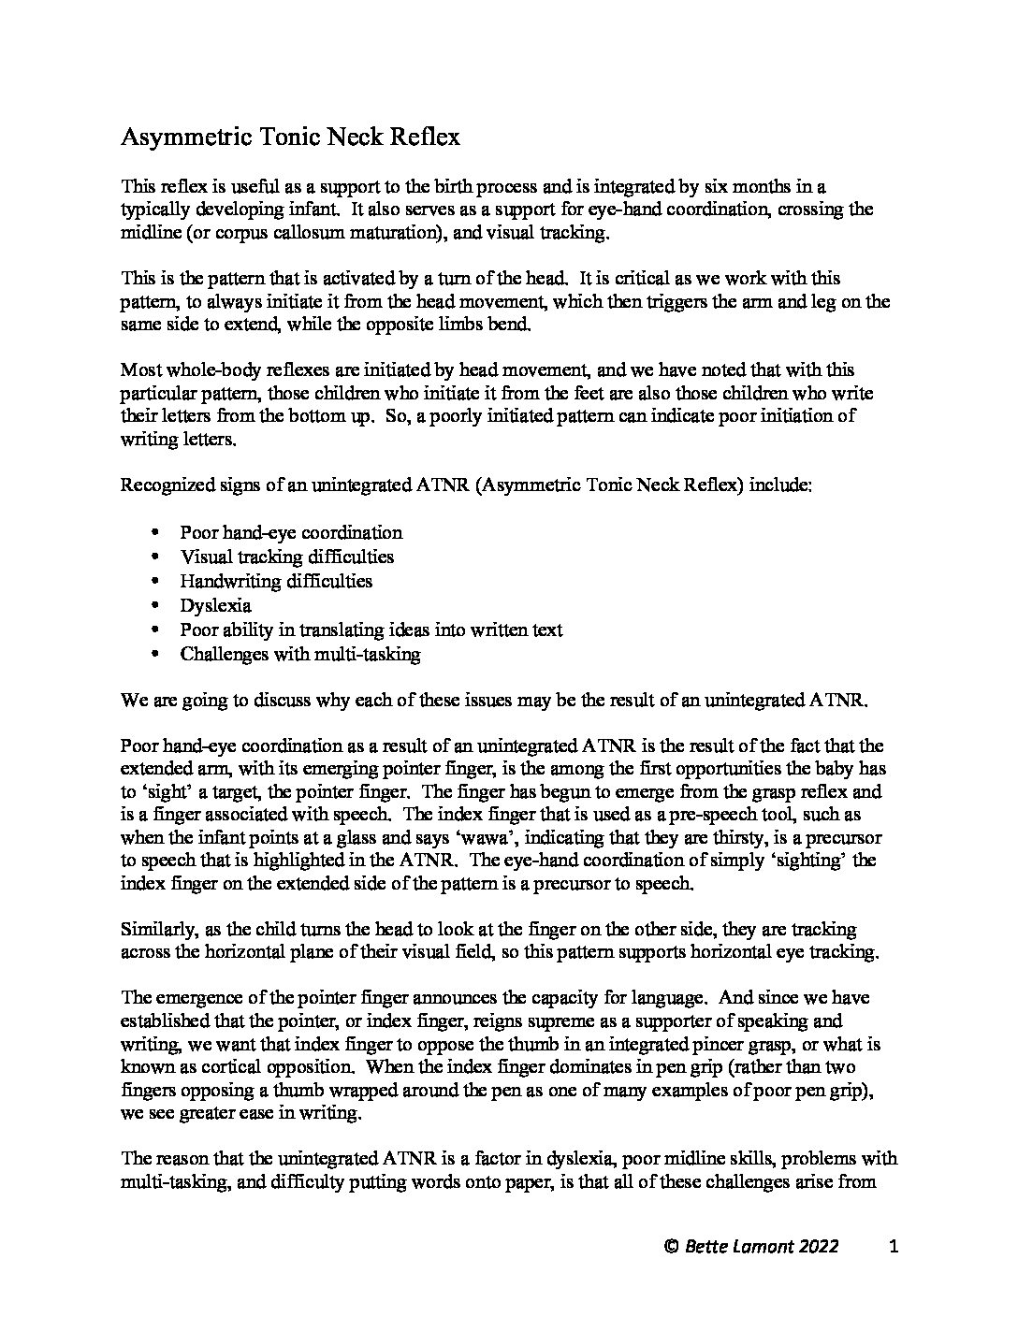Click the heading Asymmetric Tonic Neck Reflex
click(x=290, y=137)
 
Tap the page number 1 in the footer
click(x=894, y=1246)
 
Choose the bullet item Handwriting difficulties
click(x=276, y=581)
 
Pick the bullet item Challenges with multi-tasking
click(x=300, y=654)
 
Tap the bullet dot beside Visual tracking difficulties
click(x=155, y=557)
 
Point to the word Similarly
click(x=155, y=930)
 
